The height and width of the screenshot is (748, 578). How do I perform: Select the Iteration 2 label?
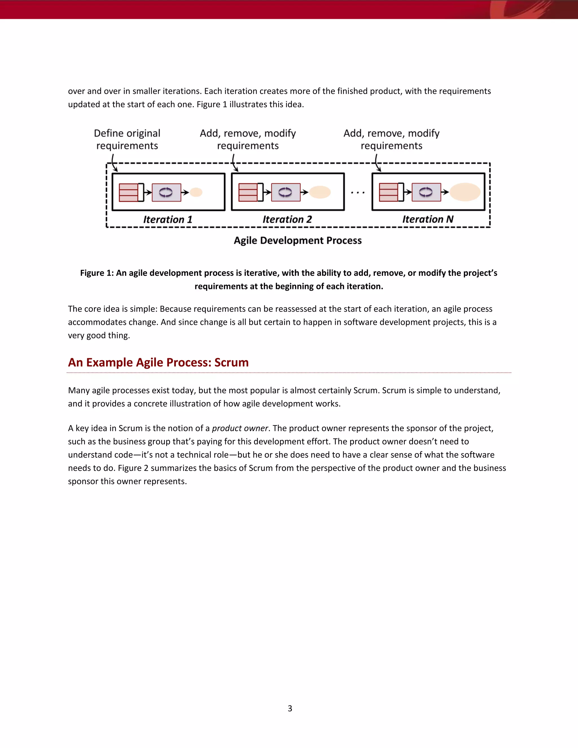click(287, 219)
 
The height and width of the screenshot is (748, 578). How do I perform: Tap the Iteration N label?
click(428, 219)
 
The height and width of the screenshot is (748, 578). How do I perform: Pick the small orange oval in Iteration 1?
click(196, 192)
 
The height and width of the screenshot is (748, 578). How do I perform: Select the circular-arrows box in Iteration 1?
click(167, 192)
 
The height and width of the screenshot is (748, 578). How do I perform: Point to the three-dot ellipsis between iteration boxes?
click(358, 193)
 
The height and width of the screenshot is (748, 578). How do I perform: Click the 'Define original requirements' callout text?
click(127, 139)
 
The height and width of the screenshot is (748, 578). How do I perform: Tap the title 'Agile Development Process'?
click(297, 240)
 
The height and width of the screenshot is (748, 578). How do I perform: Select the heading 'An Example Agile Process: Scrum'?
click(158, 362)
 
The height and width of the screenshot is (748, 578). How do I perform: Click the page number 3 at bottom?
click(290, 708)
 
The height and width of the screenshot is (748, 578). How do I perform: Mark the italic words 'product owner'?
click(240, 428)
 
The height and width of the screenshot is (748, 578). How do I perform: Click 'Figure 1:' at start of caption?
click(97, 273)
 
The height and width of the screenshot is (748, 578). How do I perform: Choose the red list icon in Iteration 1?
click(128, 192)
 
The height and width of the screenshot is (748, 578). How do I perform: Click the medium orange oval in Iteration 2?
click(320, 192)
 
